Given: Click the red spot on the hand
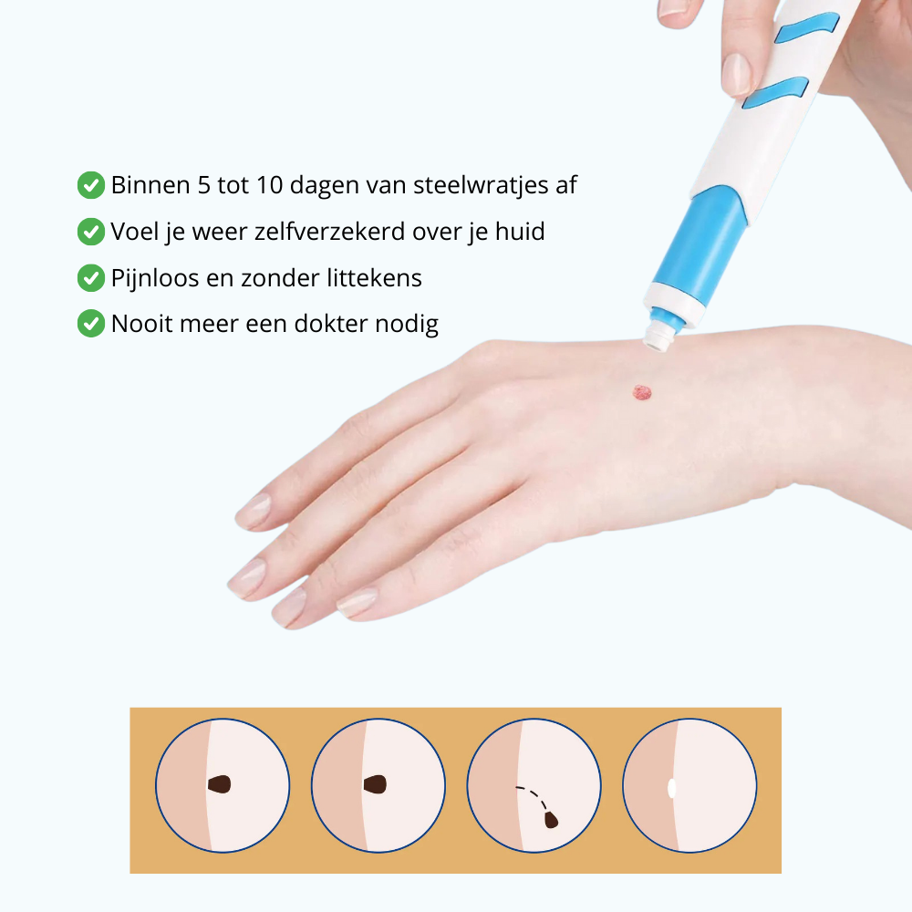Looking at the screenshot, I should click(x=643, y=392).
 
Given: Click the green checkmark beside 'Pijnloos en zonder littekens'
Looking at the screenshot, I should click(x=90, y=277).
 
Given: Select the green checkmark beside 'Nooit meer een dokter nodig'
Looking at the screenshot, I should click(x=90, y=323).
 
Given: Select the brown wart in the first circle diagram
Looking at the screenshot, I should click(x=220, y=783).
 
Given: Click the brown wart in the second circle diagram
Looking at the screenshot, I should click(x=376, y=783).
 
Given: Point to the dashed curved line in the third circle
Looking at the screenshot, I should click(x=534, y=793).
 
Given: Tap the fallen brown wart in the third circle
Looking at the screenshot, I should click(x=552, y=820).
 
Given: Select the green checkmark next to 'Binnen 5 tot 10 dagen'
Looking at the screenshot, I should click(x=90, y=185).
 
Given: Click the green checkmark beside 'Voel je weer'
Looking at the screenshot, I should click(x=90, y=232).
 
